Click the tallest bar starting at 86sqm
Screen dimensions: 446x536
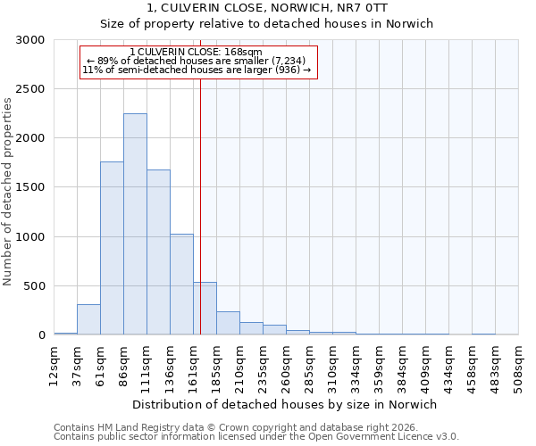click(x=135, y=224)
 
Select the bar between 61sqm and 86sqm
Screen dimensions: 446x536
click(x=112, y=248)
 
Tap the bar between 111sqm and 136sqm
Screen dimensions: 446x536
click(x=158, y=252)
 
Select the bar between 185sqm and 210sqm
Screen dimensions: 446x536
click(x=228, y=323)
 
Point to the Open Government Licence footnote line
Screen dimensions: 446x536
click(x=256, y=436)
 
